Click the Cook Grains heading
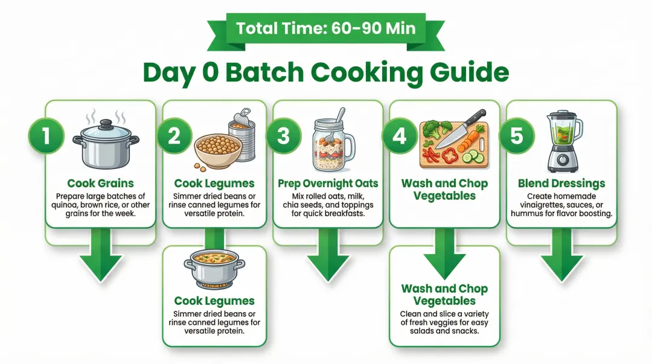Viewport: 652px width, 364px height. (x=101, y=184)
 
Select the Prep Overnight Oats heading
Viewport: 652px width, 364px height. (x=328, y=184)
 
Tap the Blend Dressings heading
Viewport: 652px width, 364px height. (x=561, y=184)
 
